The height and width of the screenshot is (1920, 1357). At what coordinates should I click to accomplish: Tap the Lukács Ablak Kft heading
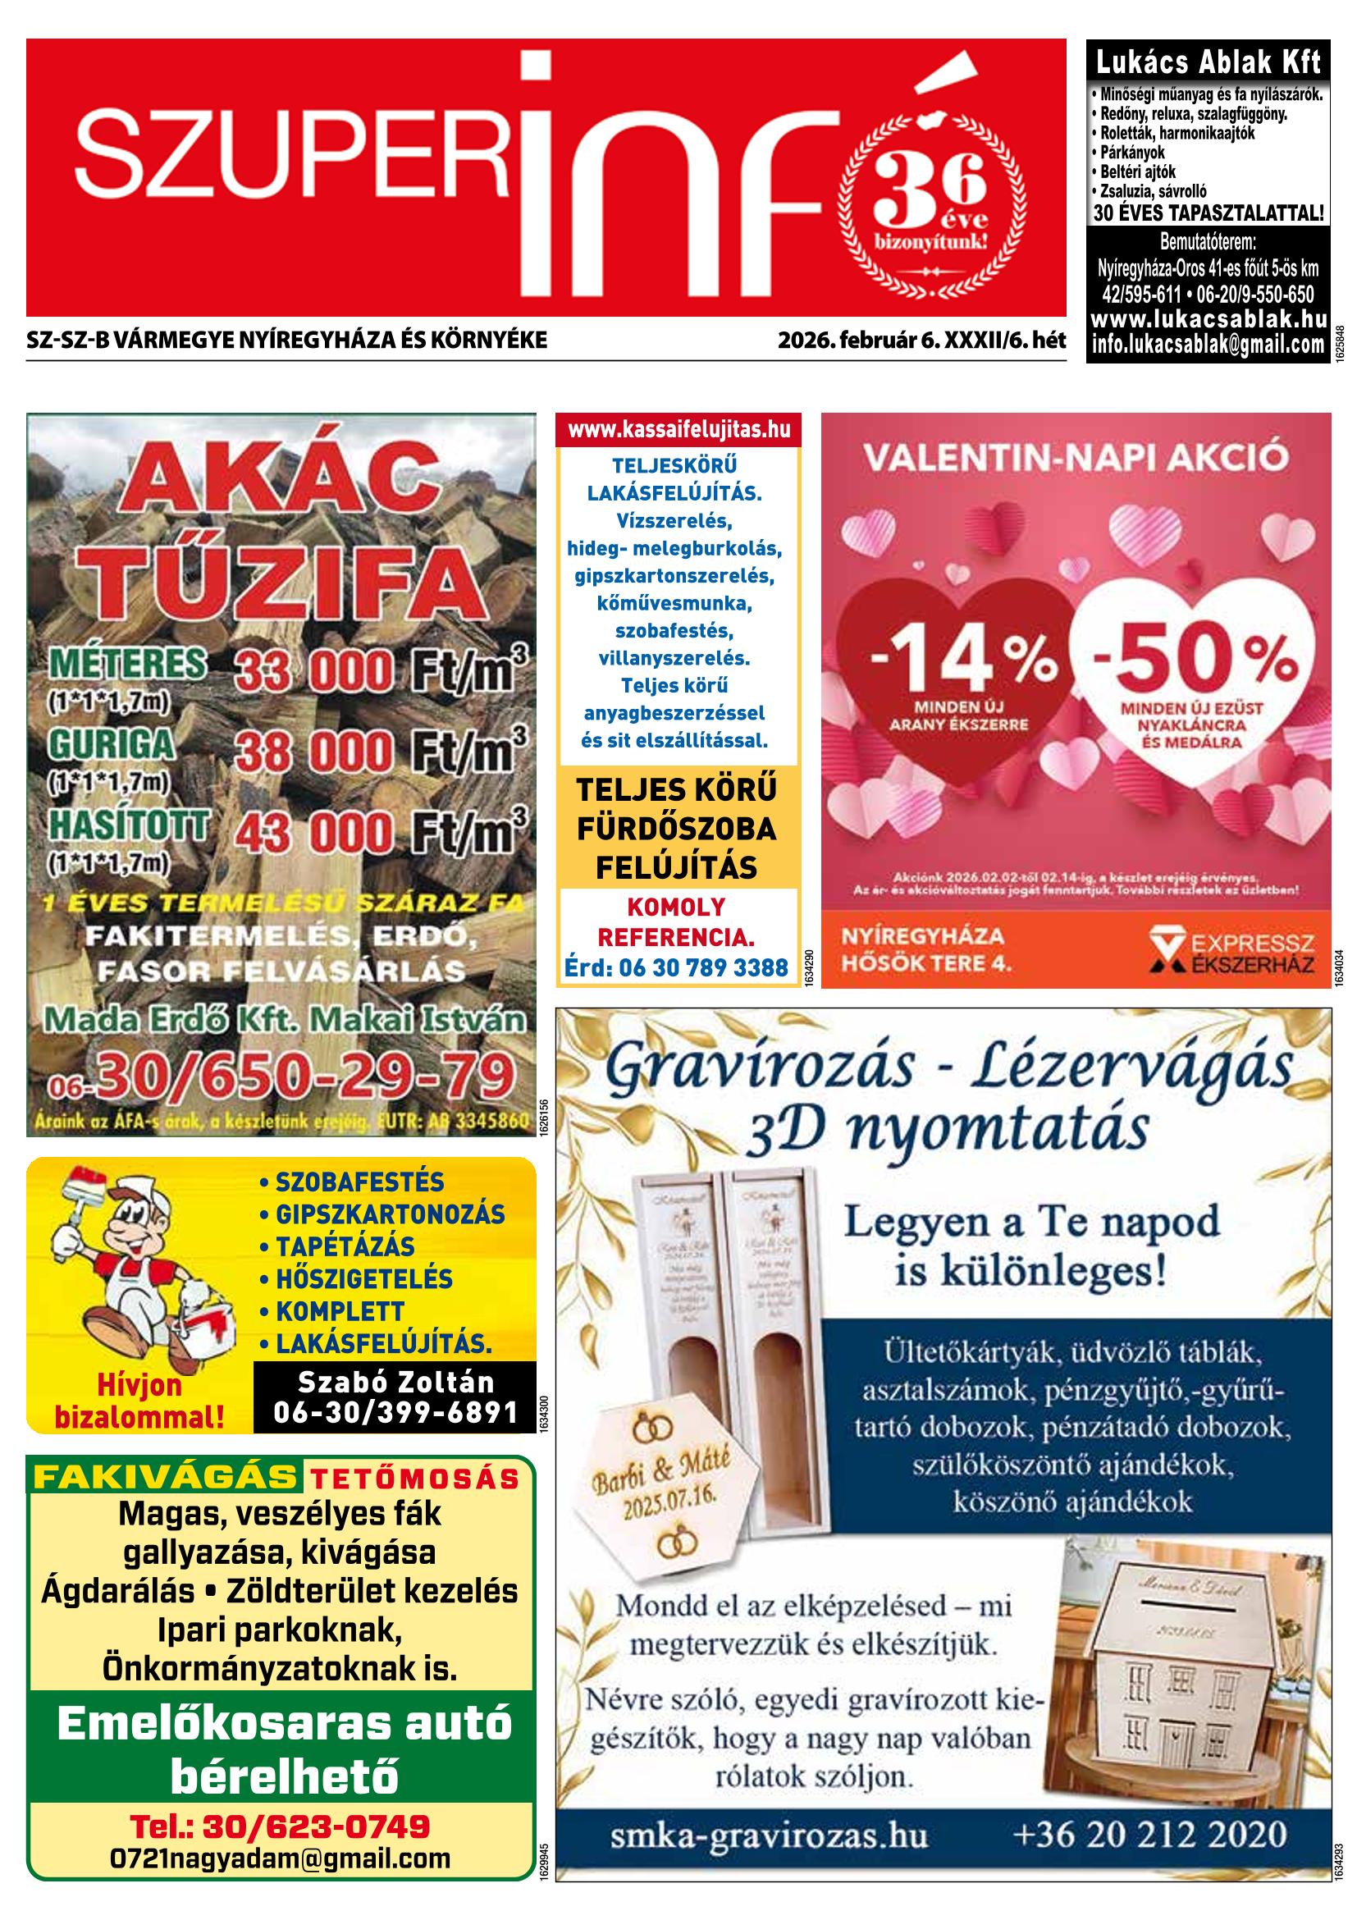click(1209, 62)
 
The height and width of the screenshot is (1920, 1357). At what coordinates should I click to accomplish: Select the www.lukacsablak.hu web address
click(1209, 319)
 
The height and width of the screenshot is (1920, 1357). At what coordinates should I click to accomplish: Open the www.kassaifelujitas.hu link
click(678, 430)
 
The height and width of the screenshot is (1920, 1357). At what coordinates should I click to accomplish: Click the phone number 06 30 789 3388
click(702, 967)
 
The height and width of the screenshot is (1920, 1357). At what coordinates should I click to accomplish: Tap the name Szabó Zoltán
click(395, 1381)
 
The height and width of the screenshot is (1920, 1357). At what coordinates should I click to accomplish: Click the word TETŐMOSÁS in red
click(414, 1479)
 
